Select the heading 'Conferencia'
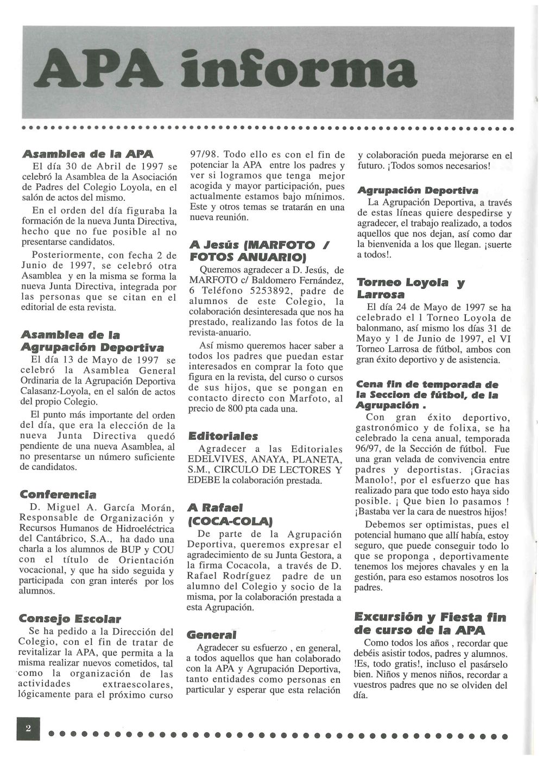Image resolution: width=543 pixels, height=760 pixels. pos(58,494)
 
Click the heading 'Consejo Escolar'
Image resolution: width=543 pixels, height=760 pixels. pos(70,618)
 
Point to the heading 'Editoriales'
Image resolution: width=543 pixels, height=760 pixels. pos(223,436)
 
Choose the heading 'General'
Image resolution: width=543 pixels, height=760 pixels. pos(211,635)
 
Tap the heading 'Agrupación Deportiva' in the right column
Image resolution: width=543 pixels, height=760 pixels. pos(418,191)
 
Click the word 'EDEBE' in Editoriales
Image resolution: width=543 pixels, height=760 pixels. pos(203,480)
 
